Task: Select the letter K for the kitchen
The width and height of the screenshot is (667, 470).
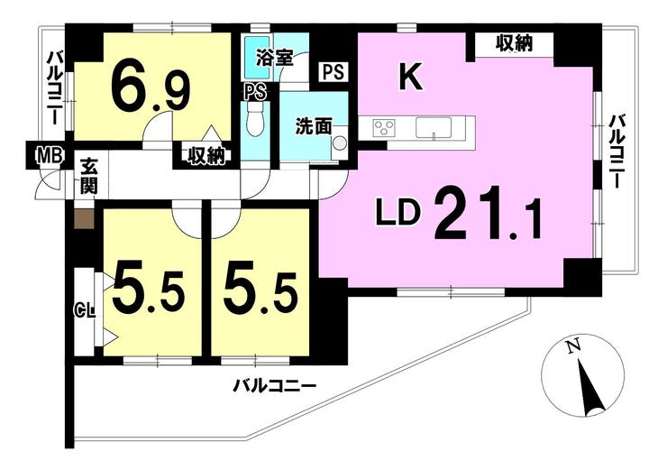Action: pyautogui.click(x=410, y=76)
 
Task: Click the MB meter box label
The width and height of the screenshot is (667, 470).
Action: pyautogui.click(x=50, y=155)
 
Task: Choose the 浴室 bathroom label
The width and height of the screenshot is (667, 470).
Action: pyautogui.click(x=274, y=58)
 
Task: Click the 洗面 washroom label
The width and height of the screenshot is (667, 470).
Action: pyautogui.click(x=314, y=126)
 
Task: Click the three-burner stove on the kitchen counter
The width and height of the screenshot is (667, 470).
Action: pyautogui.click(x=384, y=128)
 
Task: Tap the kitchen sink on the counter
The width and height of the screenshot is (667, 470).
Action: pyautogui.click(x=434, y=128)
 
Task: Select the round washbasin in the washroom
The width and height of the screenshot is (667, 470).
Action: pyautogui.click(x=339, y=143)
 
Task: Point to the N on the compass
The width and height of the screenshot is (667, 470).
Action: pyautogui.click(x=574, y=347)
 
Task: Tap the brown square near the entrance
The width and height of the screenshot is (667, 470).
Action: pyautogui.click(x=84, y=218)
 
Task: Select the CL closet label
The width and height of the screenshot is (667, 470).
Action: pyautogui.click(x=86, y=310)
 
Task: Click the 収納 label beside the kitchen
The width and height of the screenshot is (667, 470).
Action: pyautogui.click(x=515, y=43)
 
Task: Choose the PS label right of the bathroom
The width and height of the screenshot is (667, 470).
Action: pyautogui.click(x=333, y=72)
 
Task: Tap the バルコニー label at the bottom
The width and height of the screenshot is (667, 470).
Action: pyautogui.click(x=274, y=387)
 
